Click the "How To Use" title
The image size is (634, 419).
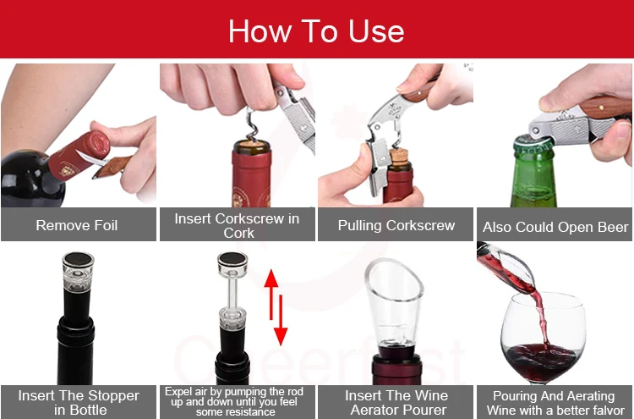[316, 30]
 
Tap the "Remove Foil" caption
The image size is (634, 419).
[77, 225]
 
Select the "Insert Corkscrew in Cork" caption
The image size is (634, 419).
[237, 225]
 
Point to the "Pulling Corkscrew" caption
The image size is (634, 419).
[396, 225]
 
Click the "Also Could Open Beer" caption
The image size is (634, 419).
[555, 227]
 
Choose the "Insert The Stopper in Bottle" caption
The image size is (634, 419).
[79, 402]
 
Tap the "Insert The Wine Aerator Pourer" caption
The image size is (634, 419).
[396, 402]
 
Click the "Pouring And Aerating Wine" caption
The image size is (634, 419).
[554, 402]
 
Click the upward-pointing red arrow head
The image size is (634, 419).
[271, 278]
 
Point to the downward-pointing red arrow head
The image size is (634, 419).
[281, 336]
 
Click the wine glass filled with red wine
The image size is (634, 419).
[543, 338]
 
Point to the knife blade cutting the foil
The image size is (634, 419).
[91, 158]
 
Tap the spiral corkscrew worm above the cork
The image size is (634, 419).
[252, 124]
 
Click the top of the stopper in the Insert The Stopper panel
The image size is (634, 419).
[78, 259]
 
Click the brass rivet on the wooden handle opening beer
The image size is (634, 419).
[602, 108]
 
